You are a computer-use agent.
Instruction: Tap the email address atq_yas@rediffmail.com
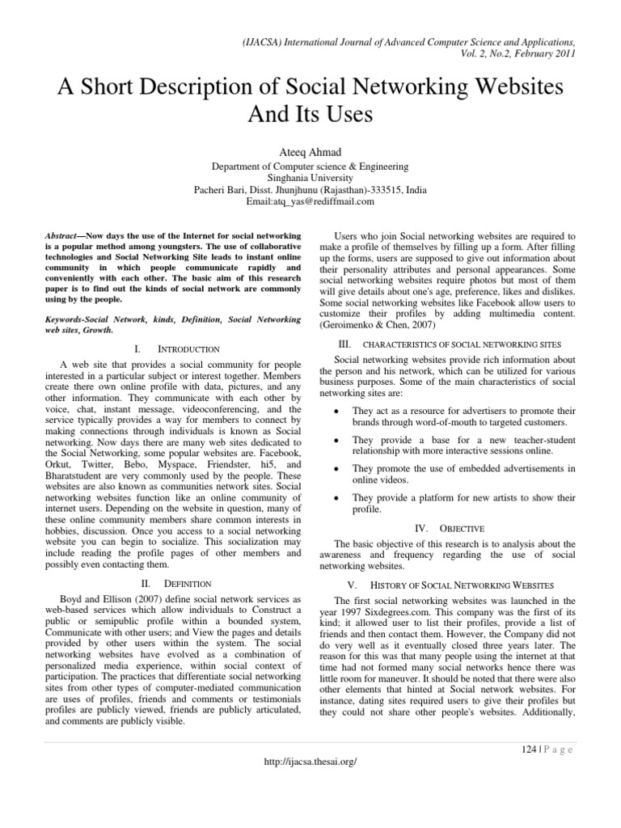310,201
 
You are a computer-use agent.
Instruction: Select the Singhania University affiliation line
310,175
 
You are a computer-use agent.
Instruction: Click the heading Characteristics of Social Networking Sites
450,344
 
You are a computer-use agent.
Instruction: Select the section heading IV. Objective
449,528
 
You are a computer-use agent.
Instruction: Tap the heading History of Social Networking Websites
449,584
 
